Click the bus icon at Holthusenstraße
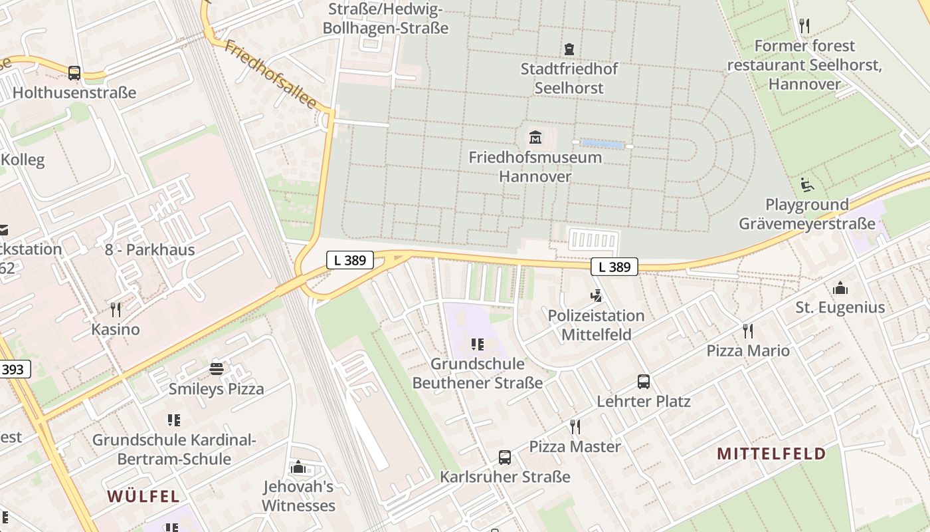coord(74,73)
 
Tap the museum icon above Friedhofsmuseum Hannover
coord(535,138)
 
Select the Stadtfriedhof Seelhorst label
coord(569,78)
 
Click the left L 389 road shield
coord(349,260)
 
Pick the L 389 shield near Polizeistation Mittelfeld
coord(614,267)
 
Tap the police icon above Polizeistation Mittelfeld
coord(596,296)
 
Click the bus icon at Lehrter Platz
coord(643,382)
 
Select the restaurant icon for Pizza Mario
coord(748,331)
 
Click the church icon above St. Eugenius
coord(840,288)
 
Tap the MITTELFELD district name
coord(771,454)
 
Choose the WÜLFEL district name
coord(143,496)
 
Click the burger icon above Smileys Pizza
coord(217,368)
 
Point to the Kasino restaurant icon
coord(116,309)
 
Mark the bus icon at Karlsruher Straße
coord(505,458)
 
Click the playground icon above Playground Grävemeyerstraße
coord(807,185)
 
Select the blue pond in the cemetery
coord(602,144)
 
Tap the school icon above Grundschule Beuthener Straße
coord(477,344)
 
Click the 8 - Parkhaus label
coord(149,250)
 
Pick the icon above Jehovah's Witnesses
coord(298,467)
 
